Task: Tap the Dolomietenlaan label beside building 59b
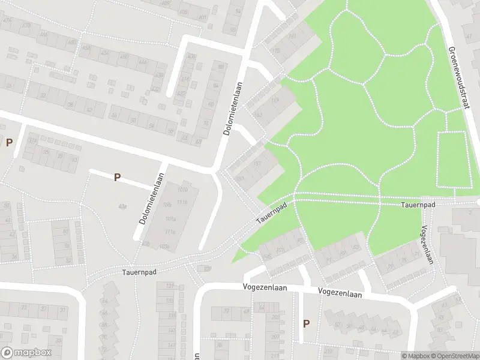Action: tap(152, 199)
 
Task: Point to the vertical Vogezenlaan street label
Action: tap(427, 244)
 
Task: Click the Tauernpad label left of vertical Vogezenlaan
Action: tap(418, 205)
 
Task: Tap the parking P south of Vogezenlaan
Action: tap(306, 323)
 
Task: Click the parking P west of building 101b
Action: tap(118, 177)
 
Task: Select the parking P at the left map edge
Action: tap(9, 142)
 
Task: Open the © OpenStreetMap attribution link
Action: tap(454, 356)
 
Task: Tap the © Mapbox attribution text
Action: tap(416, 356)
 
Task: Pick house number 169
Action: tap(275, 101)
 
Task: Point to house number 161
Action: tap(292, 37)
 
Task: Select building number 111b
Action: tap(182, 203)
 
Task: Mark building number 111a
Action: tap(170, 232)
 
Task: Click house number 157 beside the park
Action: tap(257, 163)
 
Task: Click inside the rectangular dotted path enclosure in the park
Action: tap(453, 159)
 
